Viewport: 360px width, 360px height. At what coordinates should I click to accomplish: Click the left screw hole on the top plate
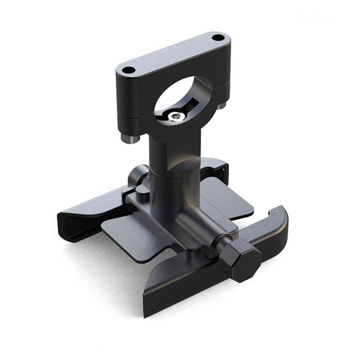pyautogui.click(x=129, y=70)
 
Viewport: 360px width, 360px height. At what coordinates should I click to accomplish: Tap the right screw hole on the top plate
pyautogui.click(x=218, y=37)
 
